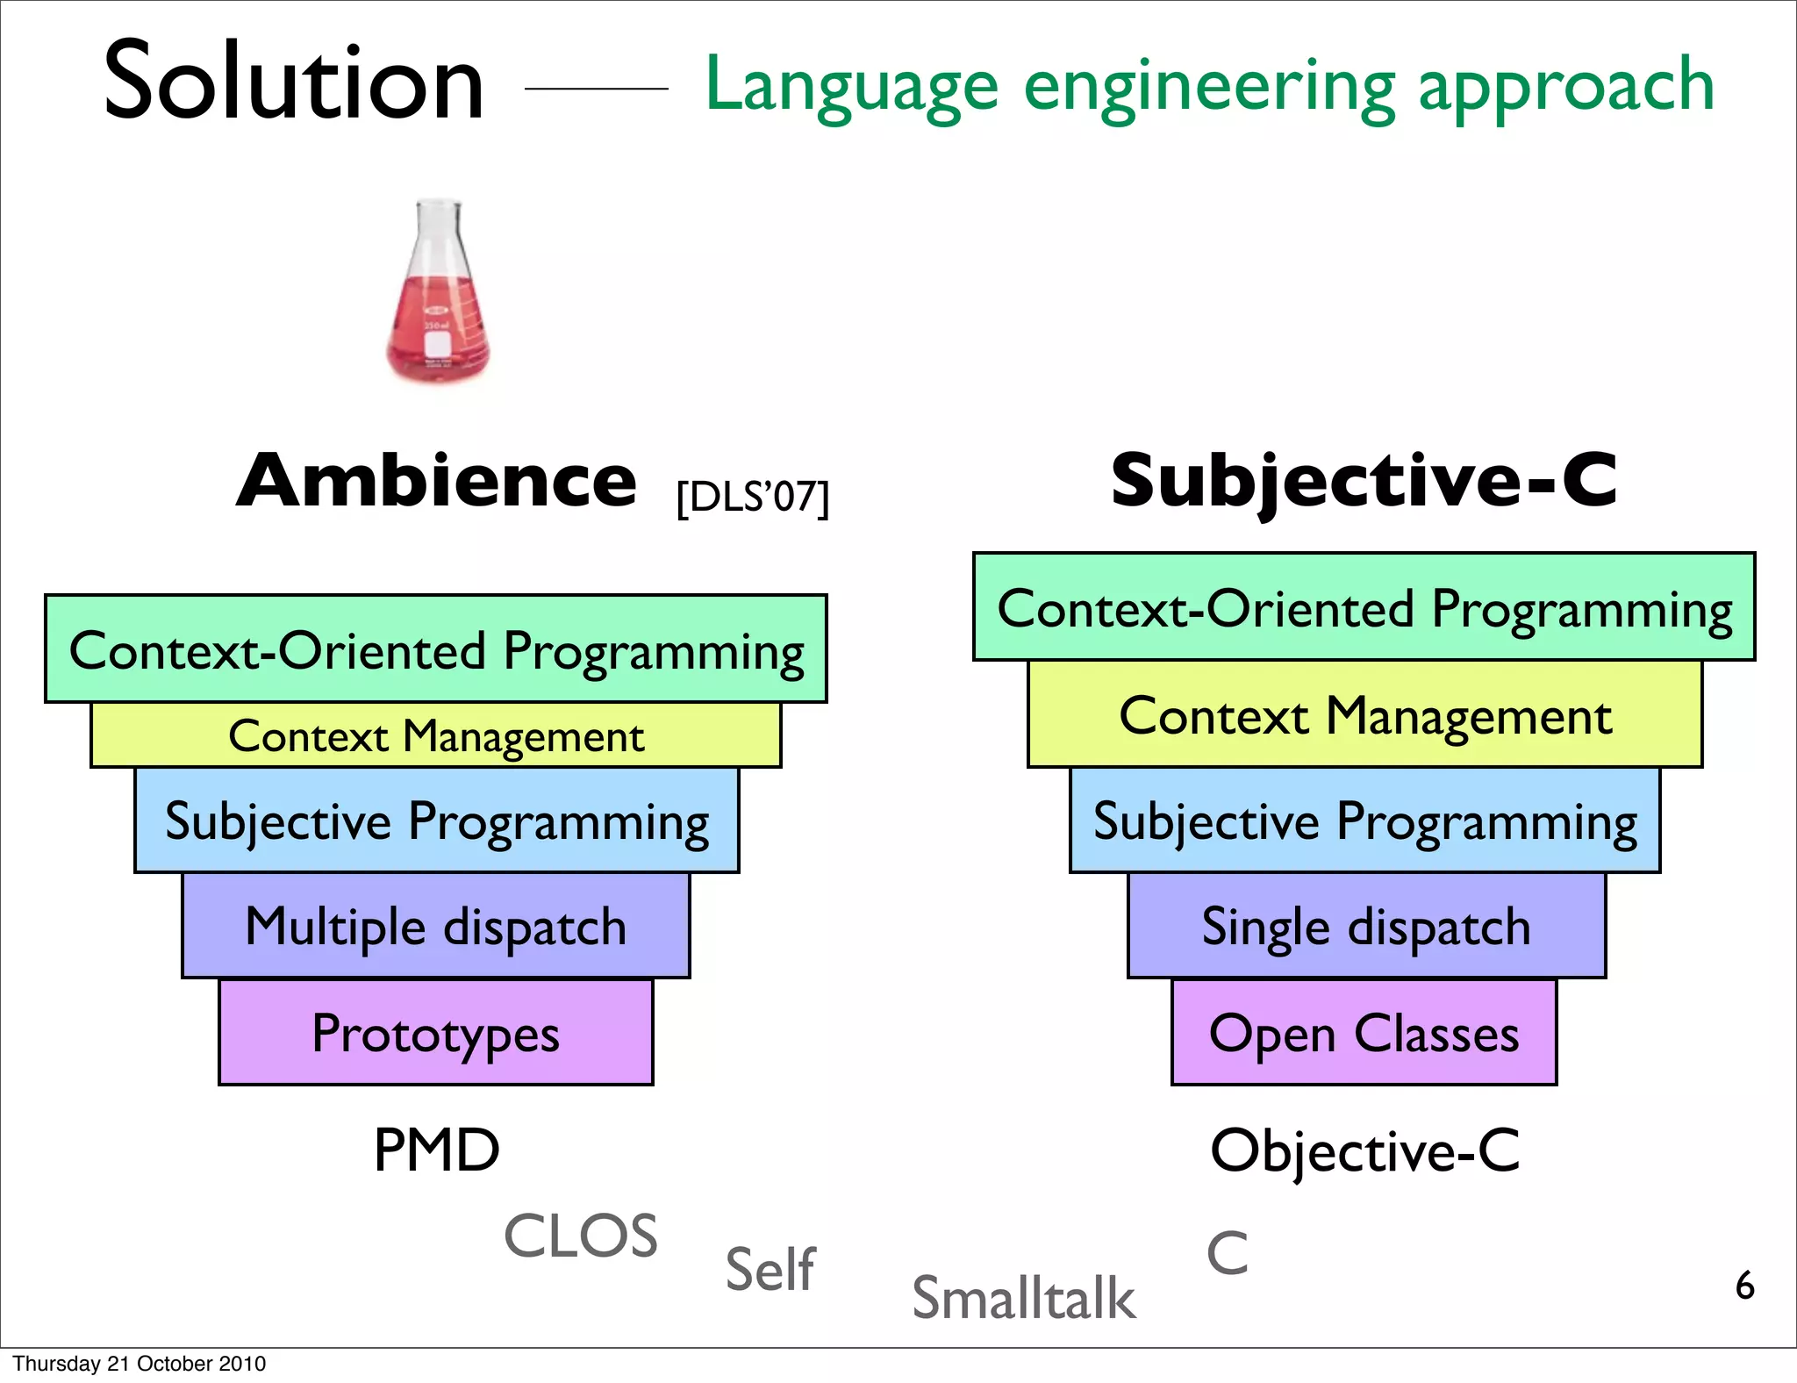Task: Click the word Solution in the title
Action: [294, 82]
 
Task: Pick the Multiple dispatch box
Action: [436, 926]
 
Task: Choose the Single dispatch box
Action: [1366, 926]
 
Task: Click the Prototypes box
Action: [436, 1033]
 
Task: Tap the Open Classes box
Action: [1364, 1033]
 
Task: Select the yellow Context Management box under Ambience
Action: [436, 735]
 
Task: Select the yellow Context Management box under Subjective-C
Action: [1364, 715]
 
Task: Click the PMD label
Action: [436, 1150]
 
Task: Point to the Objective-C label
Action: [1364, 1150]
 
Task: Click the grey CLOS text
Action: [580, 1236]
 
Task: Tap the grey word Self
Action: [770, 1269]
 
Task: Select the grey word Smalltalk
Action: [1023, 1298]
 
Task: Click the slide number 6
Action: [1744, 1286]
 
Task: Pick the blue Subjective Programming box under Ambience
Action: [436, 820]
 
